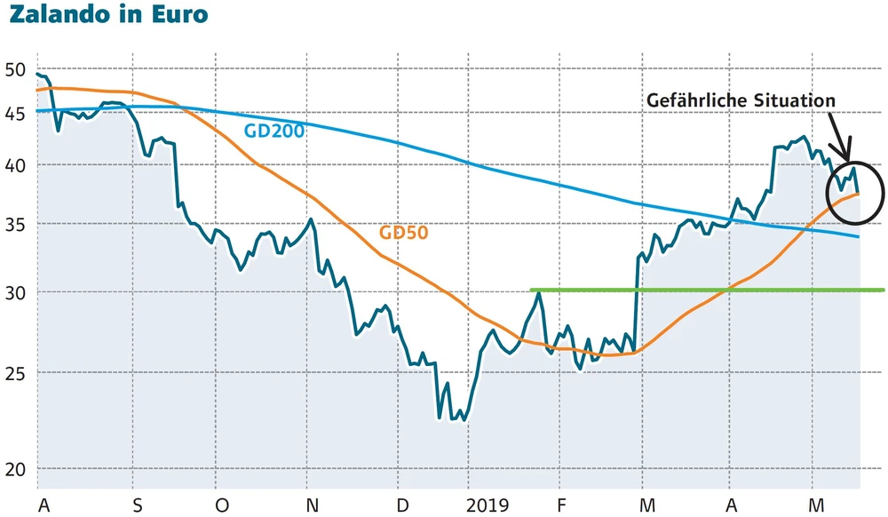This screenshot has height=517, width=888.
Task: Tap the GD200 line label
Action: pyautogui.click(x=274, y=131)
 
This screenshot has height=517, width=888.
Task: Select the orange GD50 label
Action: pyautogui.click(x=404, y=234)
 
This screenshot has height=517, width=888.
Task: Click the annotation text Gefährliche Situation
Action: pyautogui.click(x=741, y=100)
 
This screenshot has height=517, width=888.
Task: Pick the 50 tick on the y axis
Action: pyautogui.click(x=15, y=70)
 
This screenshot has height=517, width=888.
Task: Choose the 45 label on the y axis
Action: pyautogui.click(x=15, y=113)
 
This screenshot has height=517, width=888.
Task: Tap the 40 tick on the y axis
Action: pyautogui.click(x=15, y=165)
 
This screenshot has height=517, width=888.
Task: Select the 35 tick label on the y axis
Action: pyautogui.click(x=15, y=224)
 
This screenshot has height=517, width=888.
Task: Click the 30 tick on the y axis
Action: pyautogui.click(x=15, y=292)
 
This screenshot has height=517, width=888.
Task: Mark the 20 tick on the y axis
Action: pyautogui.click(x=15, y=470)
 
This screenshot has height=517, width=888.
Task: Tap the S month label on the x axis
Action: pyautogui.click(x=137, y=505)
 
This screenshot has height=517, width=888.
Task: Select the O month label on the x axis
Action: pyautogui.click(x=221, y=505)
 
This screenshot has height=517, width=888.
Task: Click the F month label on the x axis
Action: pyautogui.click(x=561, y=505)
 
